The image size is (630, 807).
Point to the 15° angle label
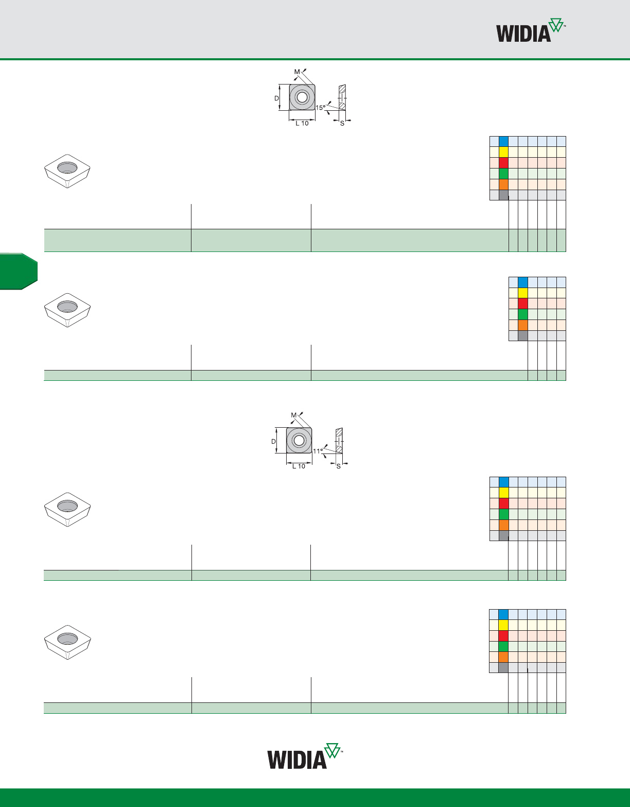320,108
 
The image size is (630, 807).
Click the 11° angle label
318,451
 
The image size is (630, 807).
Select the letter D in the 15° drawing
276,98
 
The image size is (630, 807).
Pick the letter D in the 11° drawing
273,441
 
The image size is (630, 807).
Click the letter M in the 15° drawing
297,72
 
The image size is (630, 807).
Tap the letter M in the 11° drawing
294,415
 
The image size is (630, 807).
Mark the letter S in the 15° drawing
342,124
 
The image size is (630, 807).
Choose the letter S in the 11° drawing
339,466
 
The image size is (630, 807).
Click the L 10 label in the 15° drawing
302,124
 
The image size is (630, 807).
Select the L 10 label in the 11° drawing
299,466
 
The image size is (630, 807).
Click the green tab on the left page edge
18,271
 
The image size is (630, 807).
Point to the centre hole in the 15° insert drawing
302,97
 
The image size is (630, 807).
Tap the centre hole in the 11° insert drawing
299,440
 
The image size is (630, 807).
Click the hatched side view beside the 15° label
342,97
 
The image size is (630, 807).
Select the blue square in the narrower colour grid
523,282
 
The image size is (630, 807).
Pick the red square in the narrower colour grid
523,304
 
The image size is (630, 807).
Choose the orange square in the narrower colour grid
523,325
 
